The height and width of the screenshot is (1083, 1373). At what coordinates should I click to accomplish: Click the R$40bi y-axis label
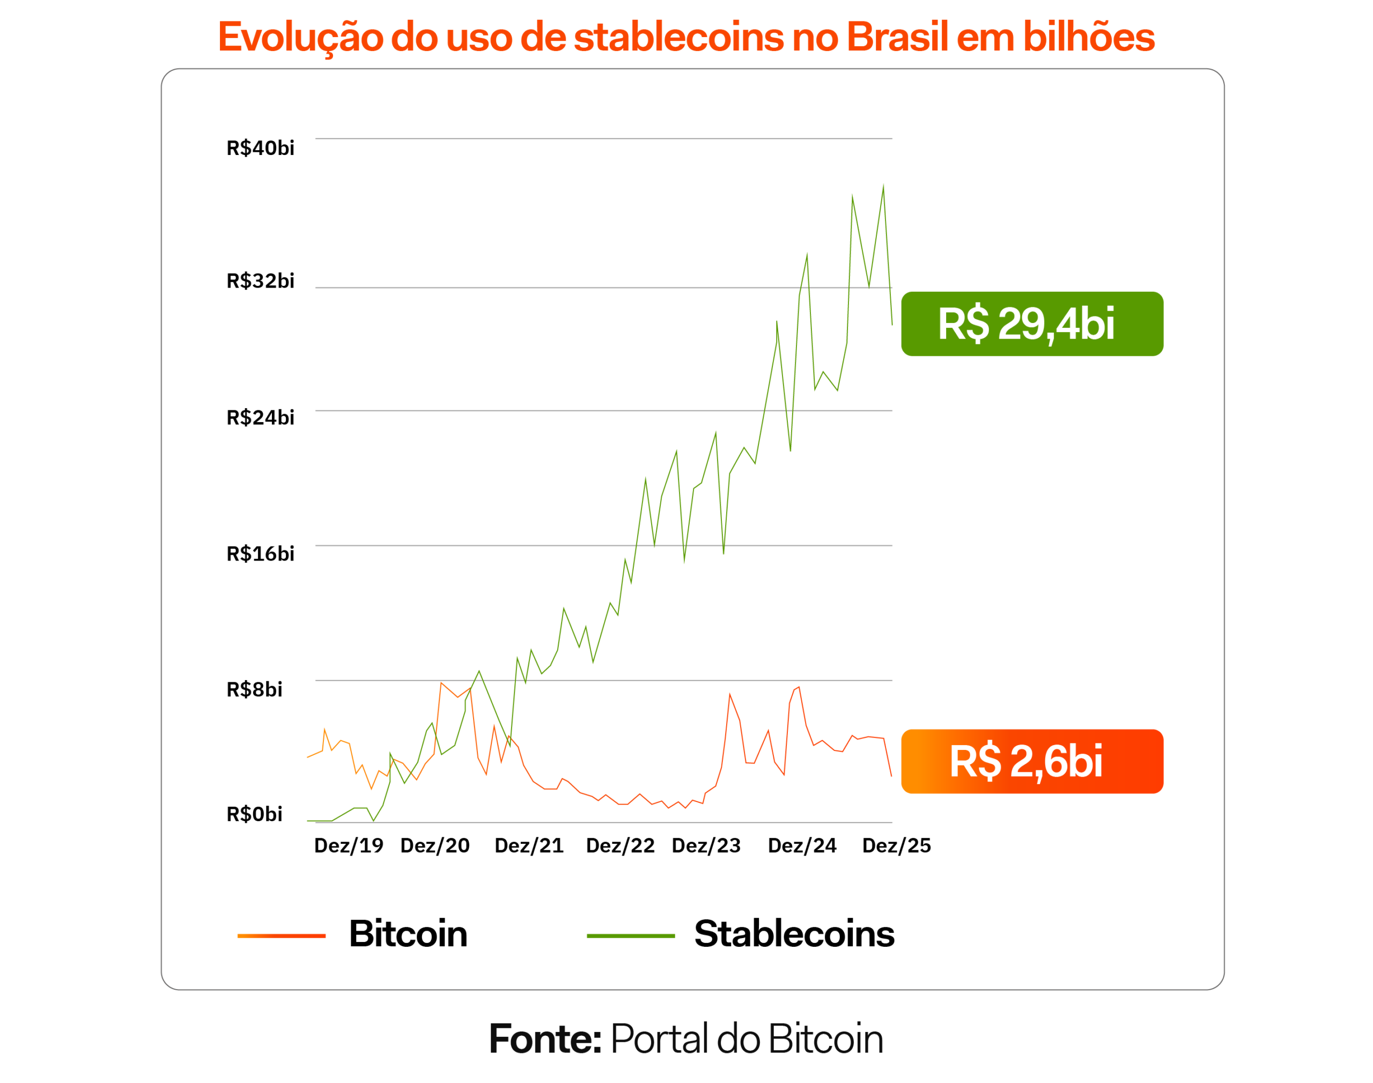coord(260,149)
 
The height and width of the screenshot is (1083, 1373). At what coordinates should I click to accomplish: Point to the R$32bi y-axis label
coord(260,281)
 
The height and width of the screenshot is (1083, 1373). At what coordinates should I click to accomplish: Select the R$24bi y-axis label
coord(260,418)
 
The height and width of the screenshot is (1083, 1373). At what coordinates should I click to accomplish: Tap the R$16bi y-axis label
coord(260,554)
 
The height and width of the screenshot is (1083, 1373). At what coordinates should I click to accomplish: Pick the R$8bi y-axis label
coord(254,690)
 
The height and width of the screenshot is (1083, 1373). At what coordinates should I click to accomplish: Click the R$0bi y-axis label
coord(254,814)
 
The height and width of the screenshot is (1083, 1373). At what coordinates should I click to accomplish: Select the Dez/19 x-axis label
coord(349,846)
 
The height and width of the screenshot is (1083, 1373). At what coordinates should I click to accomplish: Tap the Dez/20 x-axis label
coord(435,846)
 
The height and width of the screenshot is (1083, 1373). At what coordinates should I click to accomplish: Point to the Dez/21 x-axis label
coord(529,846)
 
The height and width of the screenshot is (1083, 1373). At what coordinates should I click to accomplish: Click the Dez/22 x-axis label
coord(620,846)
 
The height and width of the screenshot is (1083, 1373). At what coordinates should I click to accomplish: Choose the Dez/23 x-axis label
coord(706,846)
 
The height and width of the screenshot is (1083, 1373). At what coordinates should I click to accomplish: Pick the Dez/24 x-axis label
coord(802,846)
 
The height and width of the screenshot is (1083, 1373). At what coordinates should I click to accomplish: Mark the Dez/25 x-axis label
coord(896,846)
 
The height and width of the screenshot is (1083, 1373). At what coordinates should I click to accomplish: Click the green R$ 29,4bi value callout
coord(1032,324)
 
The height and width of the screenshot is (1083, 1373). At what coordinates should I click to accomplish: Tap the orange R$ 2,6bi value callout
coord(1032,762)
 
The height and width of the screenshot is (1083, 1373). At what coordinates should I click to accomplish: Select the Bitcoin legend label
coord(408,934)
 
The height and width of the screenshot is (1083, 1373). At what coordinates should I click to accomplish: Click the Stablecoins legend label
coord(794,934)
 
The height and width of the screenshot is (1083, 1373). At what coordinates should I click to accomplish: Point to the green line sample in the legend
coord(631,936)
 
